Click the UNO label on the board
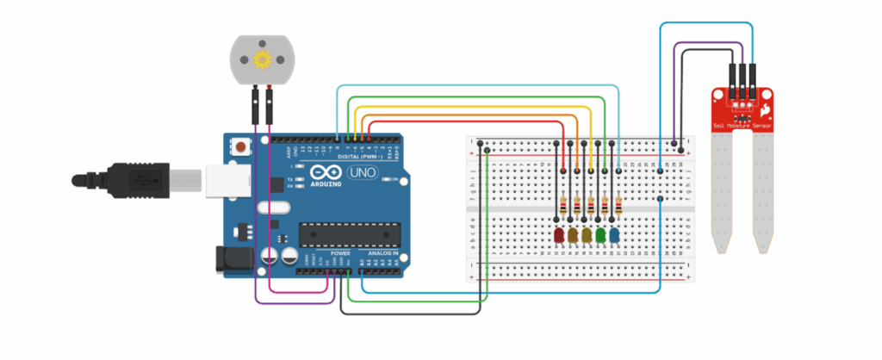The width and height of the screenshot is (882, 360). [359, 173]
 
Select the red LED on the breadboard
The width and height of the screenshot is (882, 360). [559, 235]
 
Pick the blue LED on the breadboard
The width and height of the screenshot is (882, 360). [614, 235]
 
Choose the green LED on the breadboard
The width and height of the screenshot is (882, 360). [600, 235]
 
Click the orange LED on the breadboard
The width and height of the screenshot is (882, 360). [573, 235]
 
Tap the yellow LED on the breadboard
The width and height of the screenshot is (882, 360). [587, 235]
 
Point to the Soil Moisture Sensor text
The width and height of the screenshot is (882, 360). [742, 126]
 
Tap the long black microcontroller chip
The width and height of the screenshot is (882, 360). [350, 233]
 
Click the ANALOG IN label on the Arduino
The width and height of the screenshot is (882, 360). [382, 255]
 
